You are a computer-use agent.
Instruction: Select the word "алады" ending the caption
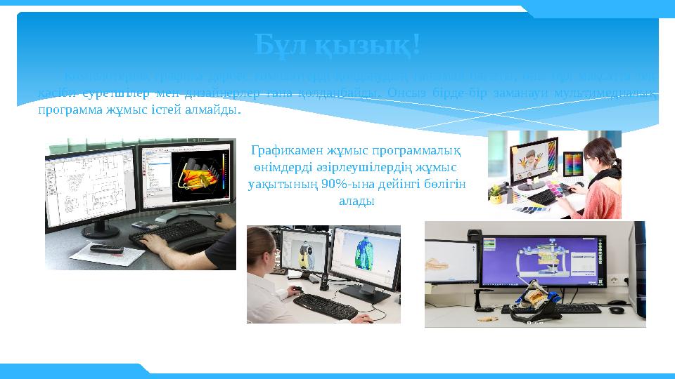point(356,201)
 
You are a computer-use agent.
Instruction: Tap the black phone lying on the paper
point(106,248)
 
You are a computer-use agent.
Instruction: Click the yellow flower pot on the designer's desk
point(496,194)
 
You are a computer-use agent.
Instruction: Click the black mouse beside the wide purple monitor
point(617,309)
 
